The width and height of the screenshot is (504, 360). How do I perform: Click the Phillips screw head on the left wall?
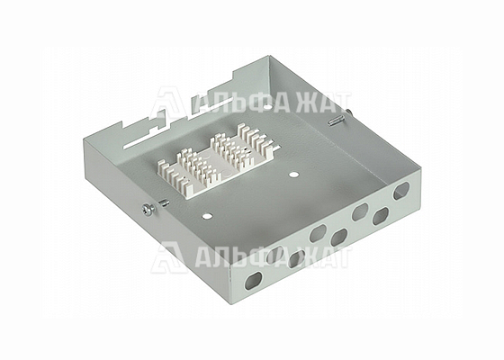tap(148, 209)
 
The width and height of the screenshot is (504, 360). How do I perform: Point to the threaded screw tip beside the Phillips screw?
tap(164, 202)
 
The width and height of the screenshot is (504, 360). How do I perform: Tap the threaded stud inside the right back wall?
tap(336, 121)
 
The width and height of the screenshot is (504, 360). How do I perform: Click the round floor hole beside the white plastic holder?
tap(293, 175)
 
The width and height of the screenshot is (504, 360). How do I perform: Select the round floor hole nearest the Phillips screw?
tap(207, 216)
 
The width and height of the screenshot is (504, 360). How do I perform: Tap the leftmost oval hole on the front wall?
tap(253, 280)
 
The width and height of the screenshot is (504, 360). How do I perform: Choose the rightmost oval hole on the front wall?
tap(401, 190)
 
